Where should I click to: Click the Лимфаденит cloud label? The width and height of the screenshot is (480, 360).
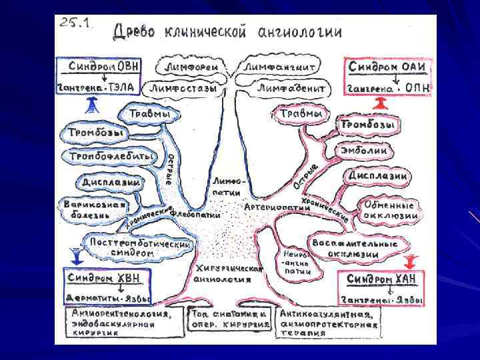[x=292, y=87]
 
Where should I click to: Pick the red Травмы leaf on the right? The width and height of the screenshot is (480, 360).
[x=301, y=115]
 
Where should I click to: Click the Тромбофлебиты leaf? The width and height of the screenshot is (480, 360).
[x=110, y=156]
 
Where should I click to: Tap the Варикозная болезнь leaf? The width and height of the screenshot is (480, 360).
[x=93, y=209]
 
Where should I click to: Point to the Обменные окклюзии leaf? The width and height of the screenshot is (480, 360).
[x=391, y=210]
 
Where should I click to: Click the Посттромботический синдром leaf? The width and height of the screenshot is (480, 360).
[x=140, y=247]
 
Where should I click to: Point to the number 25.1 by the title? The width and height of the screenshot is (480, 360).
[x=78, y=23]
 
